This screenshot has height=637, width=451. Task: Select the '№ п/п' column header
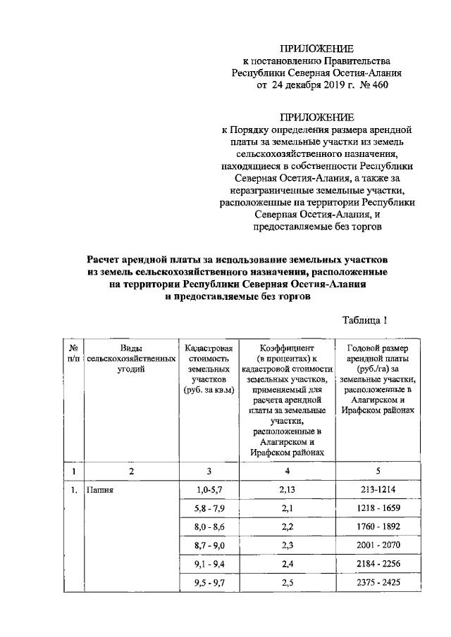(73, 353)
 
